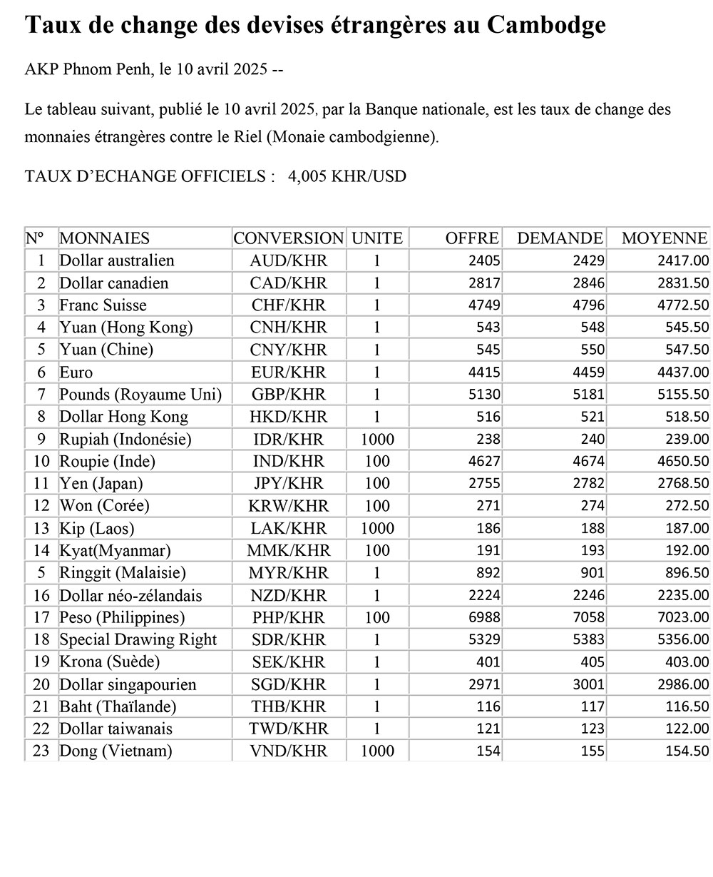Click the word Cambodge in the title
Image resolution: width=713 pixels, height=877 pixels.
pos(547,25)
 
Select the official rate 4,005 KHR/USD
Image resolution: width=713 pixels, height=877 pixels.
pos(347,176)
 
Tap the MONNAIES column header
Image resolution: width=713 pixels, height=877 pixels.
pos(105,238)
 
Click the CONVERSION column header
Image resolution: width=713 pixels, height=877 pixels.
pos(288,238)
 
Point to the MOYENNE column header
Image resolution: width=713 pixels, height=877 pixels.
pos(664,238)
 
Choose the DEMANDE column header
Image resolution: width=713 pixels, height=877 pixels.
pos(560,238)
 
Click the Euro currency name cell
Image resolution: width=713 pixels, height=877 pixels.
pos(76,372)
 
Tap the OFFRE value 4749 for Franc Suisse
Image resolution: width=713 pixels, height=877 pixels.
pos(485,305)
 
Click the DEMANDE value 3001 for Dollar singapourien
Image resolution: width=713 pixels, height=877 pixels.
pos(589,685)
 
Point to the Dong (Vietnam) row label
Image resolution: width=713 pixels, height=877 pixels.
pos(116,751)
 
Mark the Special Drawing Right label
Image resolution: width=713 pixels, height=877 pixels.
pos(138,640)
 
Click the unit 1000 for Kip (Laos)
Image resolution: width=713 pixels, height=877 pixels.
pos(377,529)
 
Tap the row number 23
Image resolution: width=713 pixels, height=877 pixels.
pos(41,751)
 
